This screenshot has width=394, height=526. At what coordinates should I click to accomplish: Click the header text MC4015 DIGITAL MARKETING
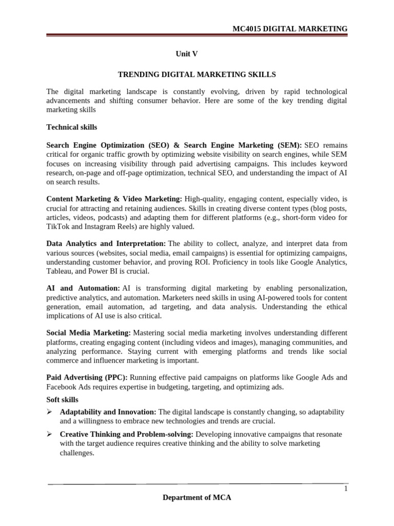pyautogui.click(x=290, y=29)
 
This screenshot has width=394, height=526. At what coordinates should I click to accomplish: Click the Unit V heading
pyautogui.click(x=187, y=54)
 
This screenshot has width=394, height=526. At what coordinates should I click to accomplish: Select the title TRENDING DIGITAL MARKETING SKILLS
pyautogui.click(x=197, y=74)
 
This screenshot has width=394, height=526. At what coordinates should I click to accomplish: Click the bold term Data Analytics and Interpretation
pyautogui.click(x=106, y=243)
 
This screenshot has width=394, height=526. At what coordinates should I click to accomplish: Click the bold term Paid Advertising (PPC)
pyautogui.click(x=87, y=378)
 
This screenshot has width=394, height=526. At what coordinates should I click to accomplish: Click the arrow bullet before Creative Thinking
pyautogui.click(x=50, y=435)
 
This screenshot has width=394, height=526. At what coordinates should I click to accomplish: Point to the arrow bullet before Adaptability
pyautogui.click(x=50, y=412)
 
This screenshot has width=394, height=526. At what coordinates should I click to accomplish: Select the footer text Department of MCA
pyautogui.click(x=198, y=498)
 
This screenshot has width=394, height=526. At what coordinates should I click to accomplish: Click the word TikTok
pyautogui.click(x=57, y=227)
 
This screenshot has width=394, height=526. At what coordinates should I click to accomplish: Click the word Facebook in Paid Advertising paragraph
pyautogui.click(x=61, y=387)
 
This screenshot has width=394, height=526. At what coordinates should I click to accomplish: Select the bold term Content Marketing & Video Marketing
pyautogui.click(x=114, y=198)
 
